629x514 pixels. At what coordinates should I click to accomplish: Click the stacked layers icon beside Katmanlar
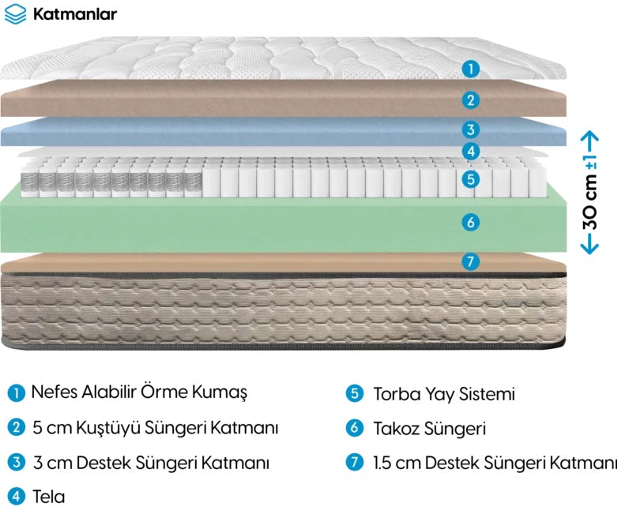(x=15, y=14)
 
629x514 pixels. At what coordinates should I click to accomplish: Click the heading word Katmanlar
(x=75, y=14)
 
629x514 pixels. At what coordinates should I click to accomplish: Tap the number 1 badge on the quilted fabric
(x=470, y=69)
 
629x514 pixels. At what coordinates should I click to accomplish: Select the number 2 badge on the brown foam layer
(x=470, y=99)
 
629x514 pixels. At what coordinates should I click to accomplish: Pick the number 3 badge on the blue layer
(x=470, y=129)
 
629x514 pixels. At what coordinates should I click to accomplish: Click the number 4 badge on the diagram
(x=470, y=151)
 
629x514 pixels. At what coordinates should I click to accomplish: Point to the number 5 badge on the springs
(x=470, y=178)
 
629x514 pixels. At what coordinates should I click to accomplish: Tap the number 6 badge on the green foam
(x=470, y=222)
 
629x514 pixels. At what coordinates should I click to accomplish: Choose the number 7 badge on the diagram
(x=470, y=261)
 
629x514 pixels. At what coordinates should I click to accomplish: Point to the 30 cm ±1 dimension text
(x=590, y=193)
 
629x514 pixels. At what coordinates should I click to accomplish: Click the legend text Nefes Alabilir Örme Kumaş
(x=139, y=392)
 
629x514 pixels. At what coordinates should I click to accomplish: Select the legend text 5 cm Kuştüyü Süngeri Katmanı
(x=155, y=428)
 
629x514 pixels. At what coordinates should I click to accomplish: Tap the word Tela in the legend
(x=48, y=497)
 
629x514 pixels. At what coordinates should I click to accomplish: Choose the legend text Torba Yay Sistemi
(x=444, y=394)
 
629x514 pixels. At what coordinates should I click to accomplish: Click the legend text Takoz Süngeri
(x=430, y=429)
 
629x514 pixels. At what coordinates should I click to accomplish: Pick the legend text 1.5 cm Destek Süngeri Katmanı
(x=495, y=463)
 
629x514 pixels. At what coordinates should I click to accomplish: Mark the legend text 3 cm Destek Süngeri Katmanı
(x=151, y=463)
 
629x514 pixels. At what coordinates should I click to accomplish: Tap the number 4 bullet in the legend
(x=16, y=497)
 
